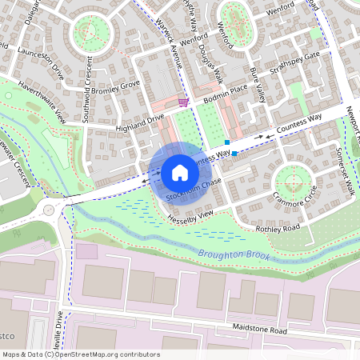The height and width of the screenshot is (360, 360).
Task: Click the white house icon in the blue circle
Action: point(180,172)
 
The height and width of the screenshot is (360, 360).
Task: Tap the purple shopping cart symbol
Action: point(184,102)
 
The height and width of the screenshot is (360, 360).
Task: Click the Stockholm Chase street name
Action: point(194,190)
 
